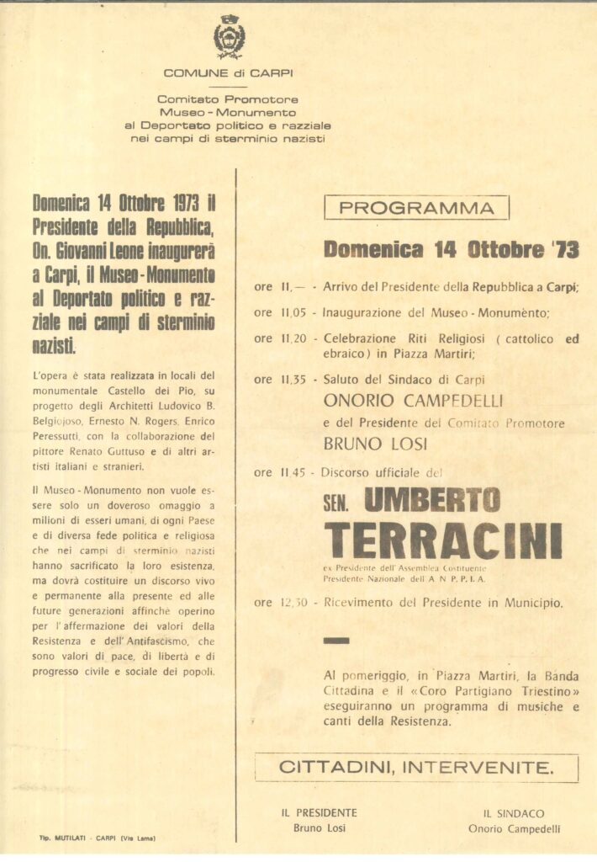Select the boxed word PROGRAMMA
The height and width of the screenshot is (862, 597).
point(416,208)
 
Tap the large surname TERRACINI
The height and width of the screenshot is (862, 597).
point(443,540)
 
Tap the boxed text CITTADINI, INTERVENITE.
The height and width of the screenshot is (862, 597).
point(416,767)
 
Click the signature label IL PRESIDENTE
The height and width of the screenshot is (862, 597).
point(319,812)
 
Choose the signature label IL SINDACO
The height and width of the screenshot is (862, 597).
point(514,813)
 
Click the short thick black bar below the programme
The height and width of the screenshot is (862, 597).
point(335,641)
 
